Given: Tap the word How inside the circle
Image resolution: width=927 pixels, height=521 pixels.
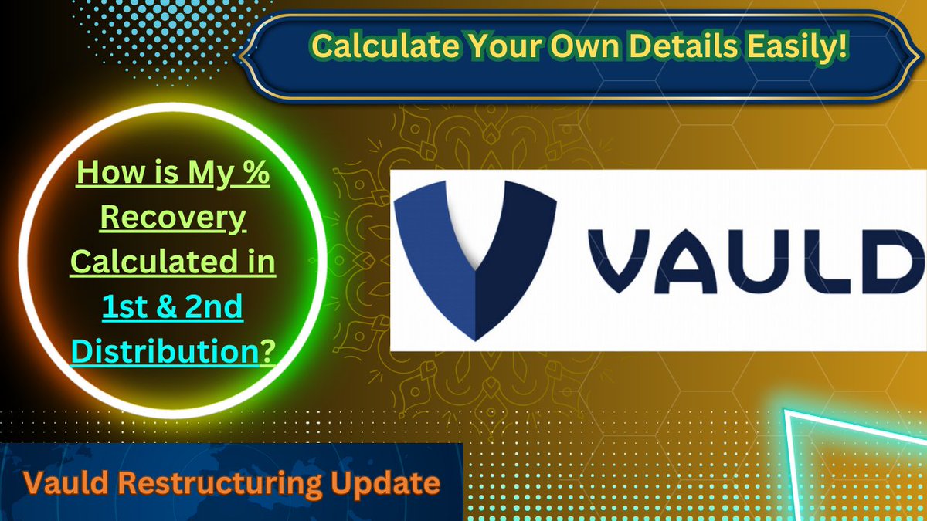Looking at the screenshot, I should click(x=103, y=173).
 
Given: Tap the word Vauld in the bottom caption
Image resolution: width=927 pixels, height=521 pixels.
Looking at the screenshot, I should click(x=61, y=484).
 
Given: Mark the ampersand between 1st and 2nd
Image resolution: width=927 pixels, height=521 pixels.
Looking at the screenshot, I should click(x=166, y=307).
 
